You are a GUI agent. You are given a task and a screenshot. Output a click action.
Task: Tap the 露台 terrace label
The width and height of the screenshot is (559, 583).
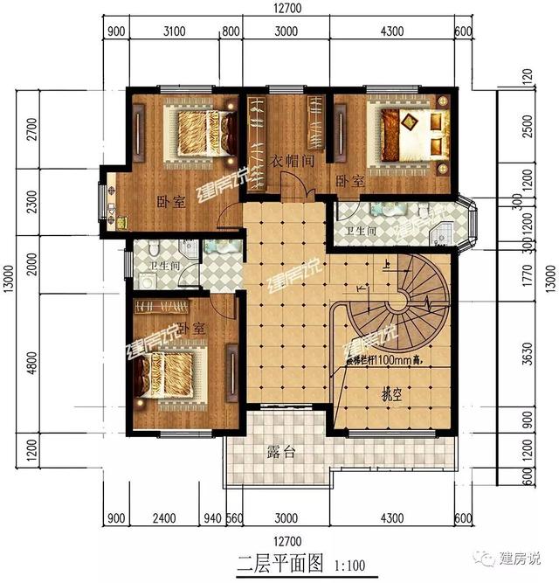coord(279,453)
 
